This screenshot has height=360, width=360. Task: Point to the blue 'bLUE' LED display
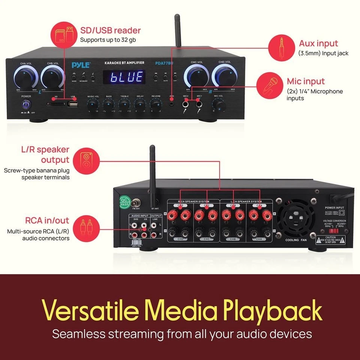pos(123,77)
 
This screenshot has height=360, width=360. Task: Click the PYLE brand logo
pos(81,65)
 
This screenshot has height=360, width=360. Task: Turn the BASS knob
pos(108,106)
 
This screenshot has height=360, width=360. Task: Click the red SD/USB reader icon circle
pos(62,33)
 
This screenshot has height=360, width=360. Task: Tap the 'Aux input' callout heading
pos(318,43)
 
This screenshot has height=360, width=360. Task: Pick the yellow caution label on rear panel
pos(330,240)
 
